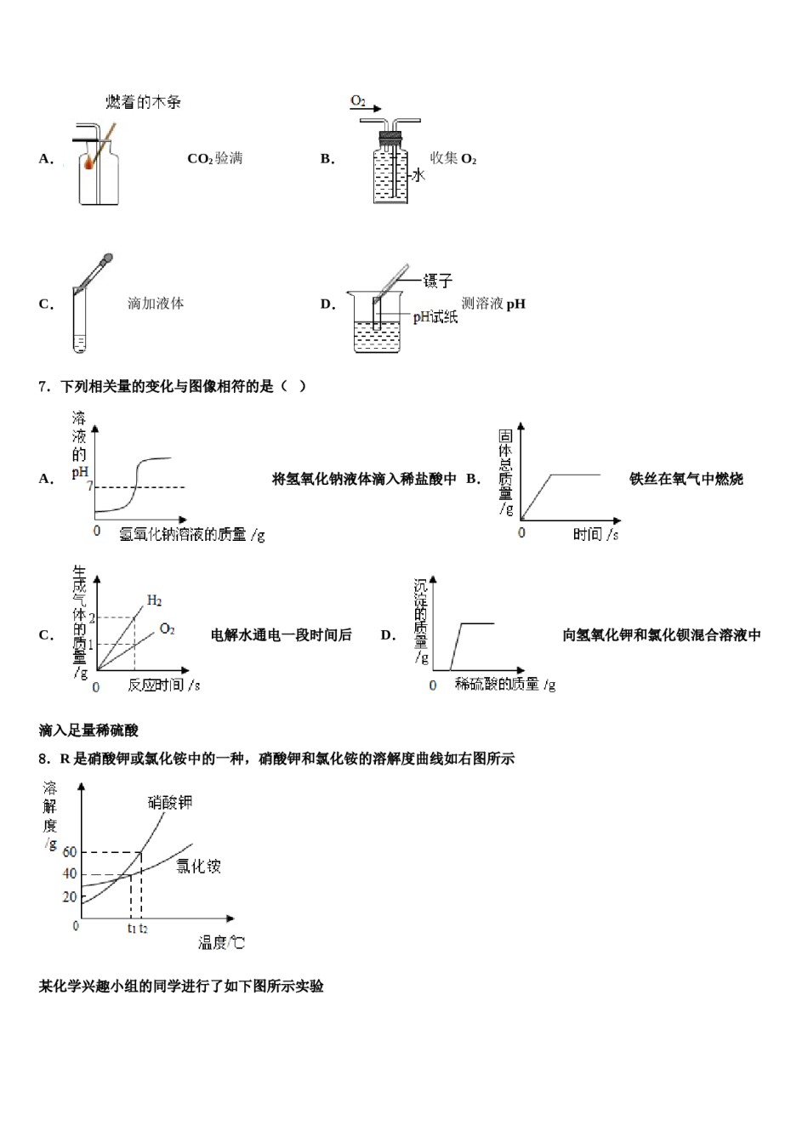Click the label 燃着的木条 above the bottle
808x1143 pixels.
(143, 102)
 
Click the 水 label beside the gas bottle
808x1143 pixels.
(418, 175)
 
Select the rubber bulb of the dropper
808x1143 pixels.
(107, 257)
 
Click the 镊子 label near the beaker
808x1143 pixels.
(438, 281)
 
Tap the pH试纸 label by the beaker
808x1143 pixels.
(435, 317)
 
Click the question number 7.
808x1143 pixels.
(44, 387)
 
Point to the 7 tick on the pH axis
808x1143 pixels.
(90, 487)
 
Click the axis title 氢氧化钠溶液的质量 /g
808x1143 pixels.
(192, 534)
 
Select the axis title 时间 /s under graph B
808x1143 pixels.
(595, 534)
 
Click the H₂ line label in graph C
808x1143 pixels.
(154, 601)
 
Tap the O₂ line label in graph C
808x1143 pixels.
(167, 629)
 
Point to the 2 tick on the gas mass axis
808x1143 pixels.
(92, 618)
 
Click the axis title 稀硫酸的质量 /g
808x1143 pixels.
(505, 685)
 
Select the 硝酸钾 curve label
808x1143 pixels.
(170, 802)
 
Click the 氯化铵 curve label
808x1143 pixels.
(198, 867)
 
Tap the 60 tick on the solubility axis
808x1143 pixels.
(69, 852)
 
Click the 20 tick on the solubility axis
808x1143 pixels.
(69, 897)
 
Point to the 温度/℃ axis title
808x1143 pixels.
(221, 942)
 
